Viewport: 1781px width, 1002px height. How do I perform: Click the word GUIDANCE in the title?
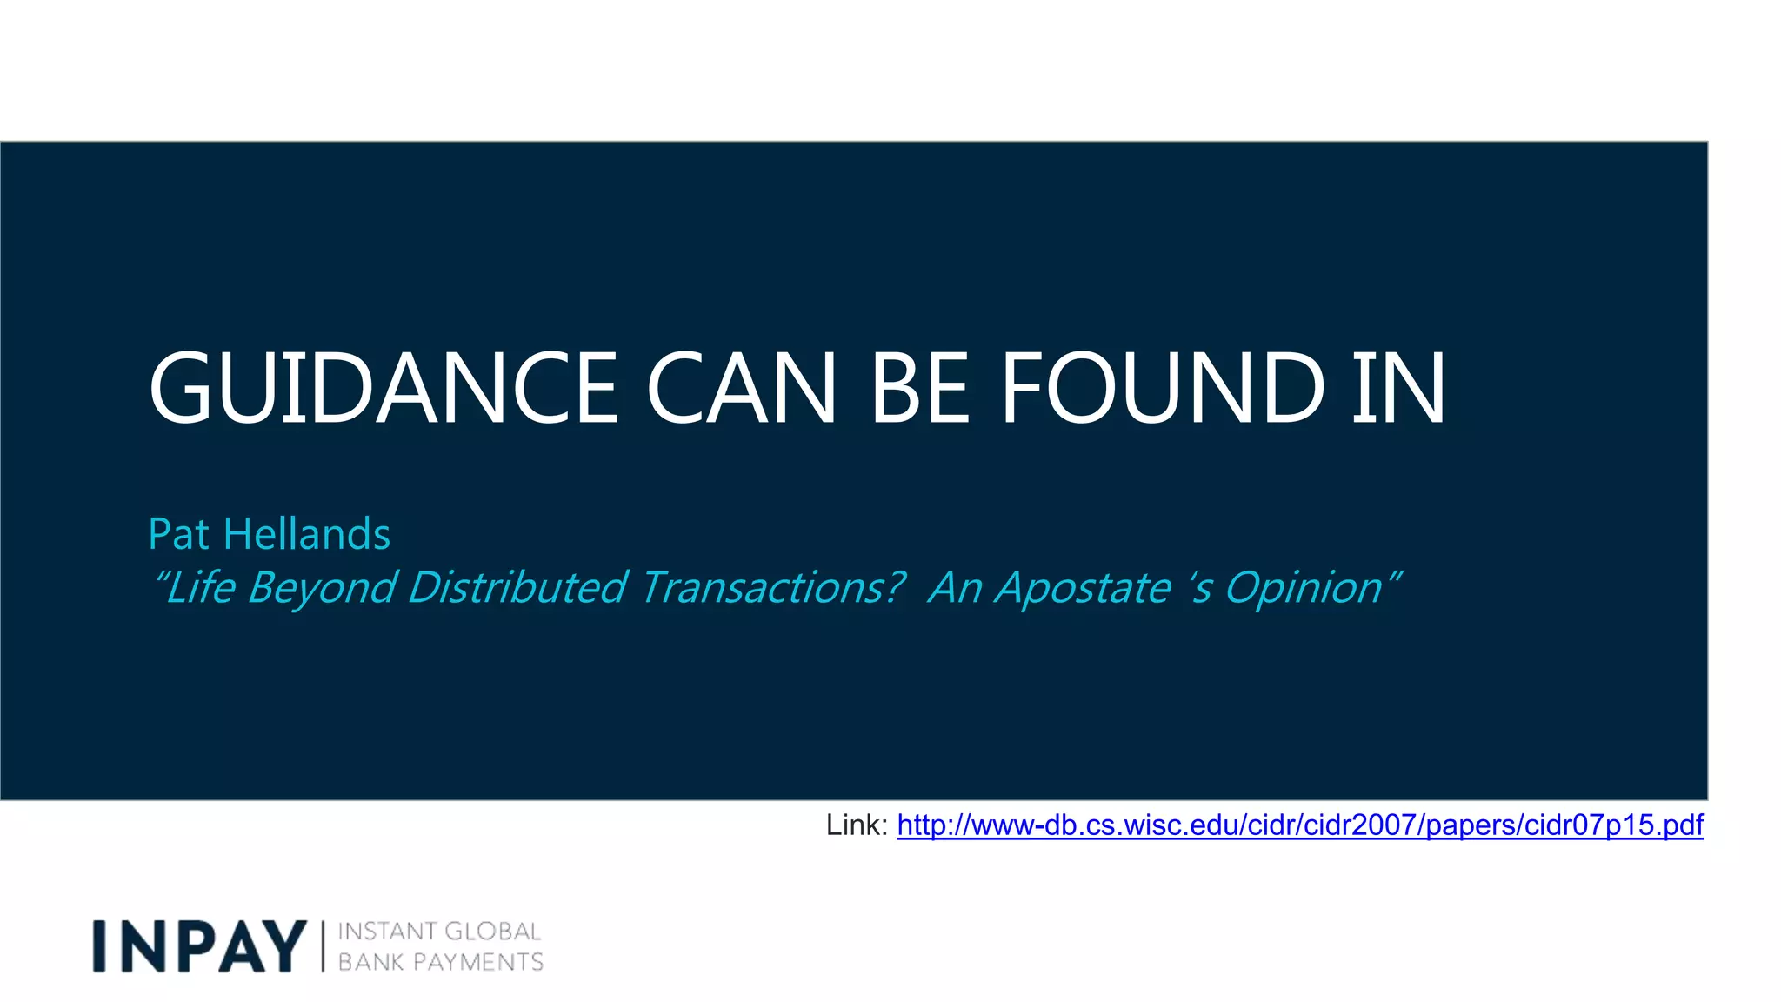click(x=384, y=388)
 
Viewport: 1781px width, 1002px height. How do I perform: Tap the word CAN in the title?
click(x=741, y=388)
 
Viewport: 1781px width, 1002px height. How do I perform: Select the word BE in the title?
click(x=920, y=388)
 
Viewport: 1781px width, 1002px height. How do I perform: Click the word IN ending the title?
click(x=1399, y=388)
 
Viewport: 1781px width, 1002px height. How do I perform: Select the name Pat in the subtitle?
click(x=178, y=534)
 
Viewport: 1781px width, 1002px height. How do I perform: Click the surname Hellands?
click(x=307, y=534)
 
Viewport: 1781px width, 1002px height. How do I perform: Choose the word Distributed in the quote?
click(x=517, y=588)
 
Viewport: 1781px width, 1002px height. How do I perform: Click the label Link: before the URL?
click(x=857, y=825)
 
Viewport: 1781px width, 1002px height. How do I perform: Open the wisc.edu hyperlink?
click(x=1300, y=825)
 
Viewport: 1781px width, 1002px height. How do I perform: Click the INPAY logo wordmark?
click(x=200, y=946)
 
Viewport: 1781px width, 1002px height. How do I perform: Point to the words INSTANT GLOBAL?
click(x=439, y=932)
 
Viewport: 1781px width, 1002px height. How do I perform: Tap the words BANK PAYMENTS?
click(x=440, y=962)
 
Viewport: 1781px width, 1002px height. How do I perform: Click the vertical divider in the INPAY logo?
click(x=323, y=946)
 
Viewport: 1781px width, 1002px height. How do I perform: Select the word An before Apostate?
click(x=955, y=588)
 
